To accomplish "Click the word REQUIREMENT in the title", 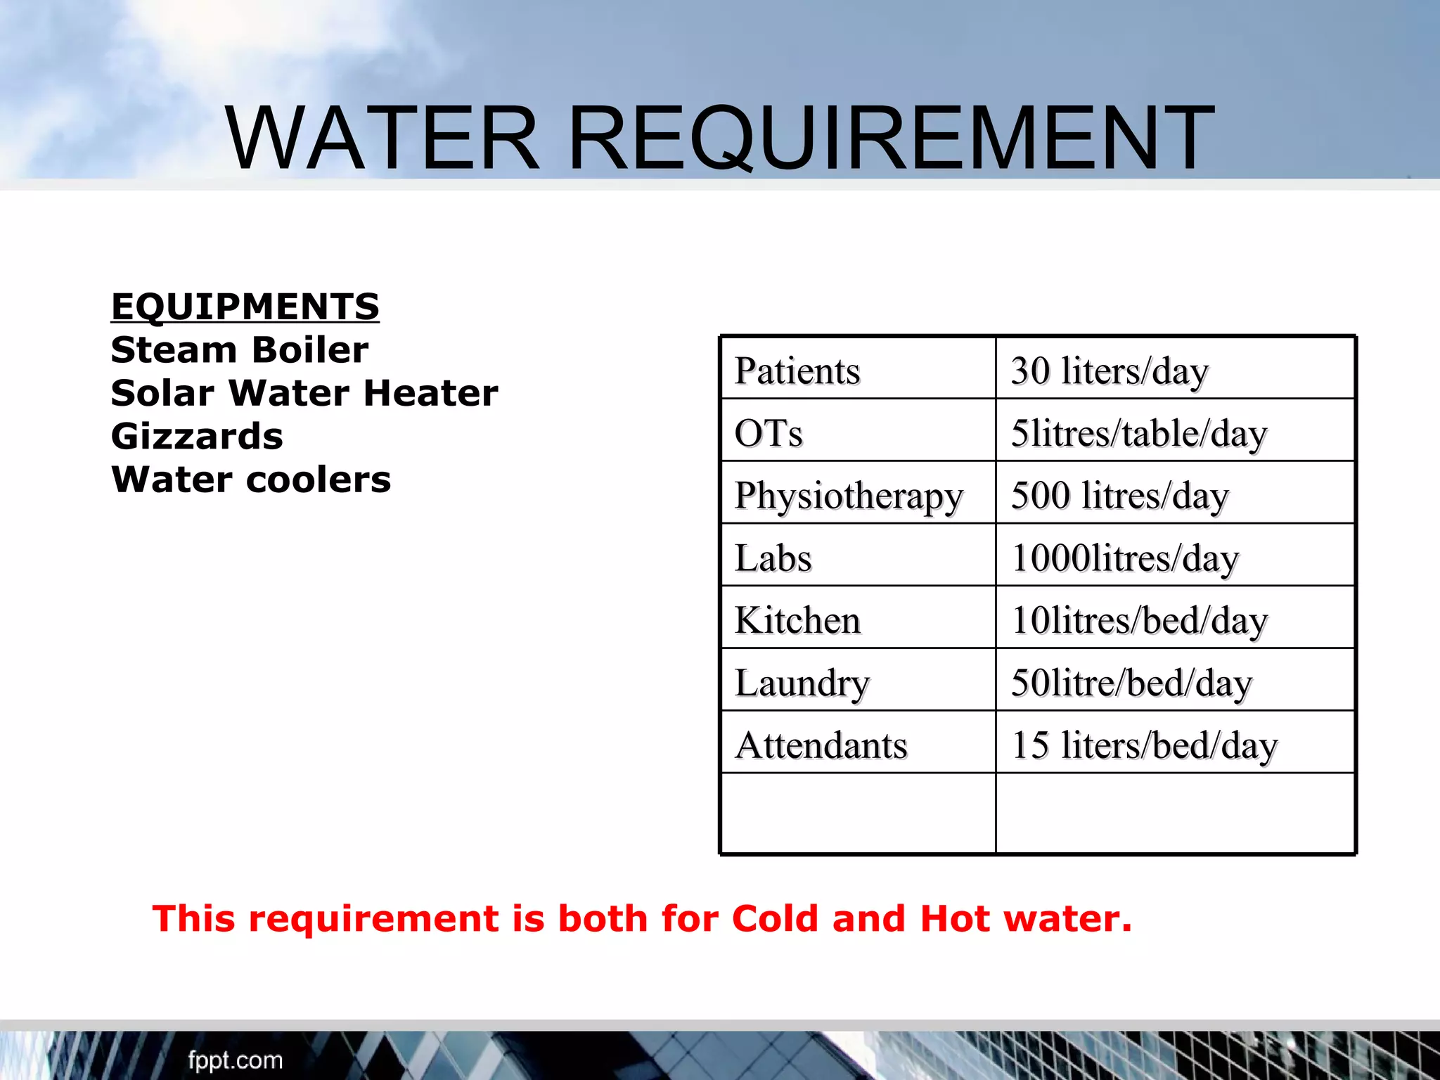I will pos(891,138).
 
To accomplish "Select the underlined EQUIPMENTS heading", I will pos(245,307).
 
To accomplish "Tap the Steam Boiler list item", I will pos(239,349).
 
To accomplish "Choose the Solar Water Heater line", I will pos(304,393).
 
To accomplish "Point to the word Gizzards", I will pos(197,437).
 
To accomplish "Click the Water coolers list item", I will pos(250,480).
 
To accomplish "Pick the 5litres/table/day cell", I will pos(1138,433).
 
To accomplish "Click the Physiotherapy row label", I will pos(848,496).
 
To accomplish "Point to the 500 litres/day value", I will pos(1119,496).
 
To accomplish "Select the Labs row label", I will pos(773,558).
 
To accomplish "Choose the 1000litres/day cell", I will pos(1124,558).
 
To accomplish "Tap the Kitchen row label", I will pos(797,620).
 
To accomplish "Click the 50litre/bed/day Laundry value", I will pos(1131,683).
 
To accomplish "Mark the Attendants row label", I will pos(821,745).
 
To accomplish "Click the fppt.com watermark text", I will pos(235,1060).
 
